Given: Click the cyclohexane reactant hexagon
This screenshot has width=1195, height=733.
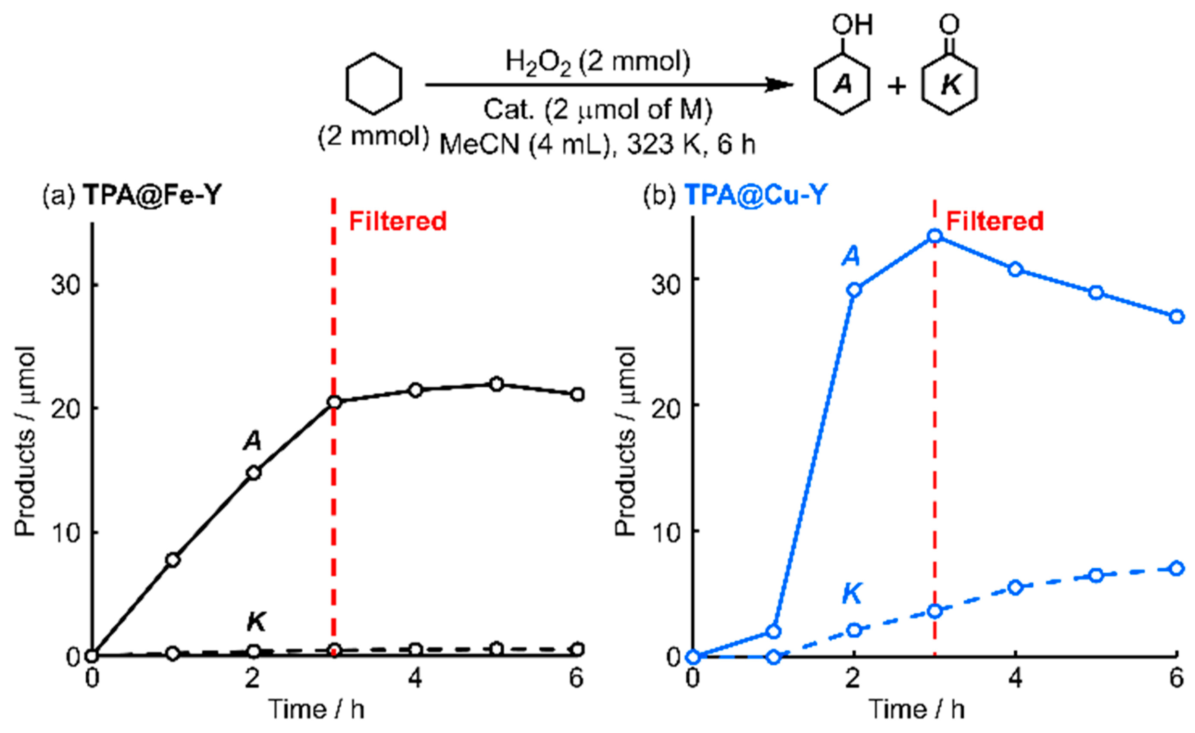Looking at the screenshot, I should point(373,85).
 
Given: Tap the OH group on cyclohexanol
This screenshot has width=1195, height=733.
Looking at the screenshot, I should point(852,25).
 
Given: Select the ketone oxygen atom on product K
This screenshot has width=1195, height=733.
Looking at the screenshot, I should point(949,24).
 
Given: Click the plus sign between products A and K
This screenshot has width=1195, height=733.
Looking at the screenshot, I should point(897,86).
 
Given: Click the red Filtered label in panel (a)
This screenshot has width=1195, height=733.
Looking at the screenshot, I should point(398,222).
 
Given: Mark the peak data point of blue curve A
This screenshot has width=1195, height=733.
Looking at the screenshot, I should point(935,237).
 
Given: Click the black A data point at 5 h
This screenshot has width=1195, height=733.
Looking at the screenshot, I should point(496,384).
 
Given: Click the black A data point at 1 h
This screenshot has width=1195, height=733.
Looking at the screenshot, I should point(173,560).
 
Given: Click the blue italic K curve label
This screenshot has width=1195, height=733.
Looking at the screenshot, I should point(852,594).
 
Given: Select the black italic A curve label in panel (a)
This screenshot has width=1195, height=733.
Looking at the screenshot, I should point(253,442).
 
